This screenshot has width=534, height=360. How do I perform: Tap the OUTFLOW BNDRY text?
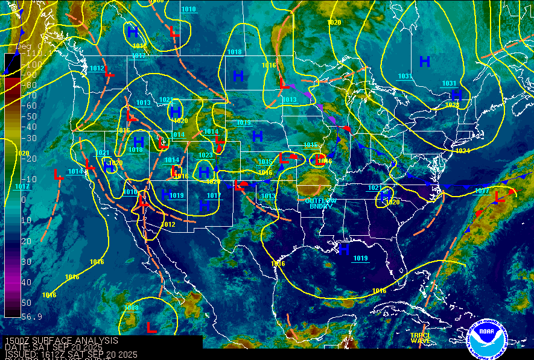321,203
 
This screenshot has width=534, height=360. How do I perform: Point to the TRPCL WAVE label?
421,338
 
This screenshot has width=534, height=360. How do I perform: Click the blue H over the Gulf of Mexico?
344,249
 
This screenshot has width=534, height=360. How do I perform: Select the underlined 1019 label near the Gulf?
361,258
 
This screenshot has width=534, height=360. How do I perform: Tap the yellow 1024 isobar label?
462,150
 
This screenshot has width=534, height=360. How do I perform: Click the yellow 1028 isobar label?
452,105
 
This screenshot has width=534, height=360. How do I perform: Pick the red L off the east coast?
499,198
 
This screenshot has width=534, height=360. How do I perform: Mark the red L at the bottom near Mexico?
151,327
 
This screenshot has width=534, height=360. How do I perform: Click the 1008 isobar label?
132,308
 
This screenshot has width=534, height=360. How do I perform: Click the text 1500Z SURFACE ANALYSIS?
61,341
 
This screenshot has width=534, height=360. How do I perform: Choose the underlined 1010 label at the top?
188,9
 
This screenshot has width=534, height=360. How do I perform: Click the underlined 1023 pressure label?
205,155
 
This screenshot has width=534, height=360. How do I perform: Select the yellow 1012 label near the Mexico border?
168,224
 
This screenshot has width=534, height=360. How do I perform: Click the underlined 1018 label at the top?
234,52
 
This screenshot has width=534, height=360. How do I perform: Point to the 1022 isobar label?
165,99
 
